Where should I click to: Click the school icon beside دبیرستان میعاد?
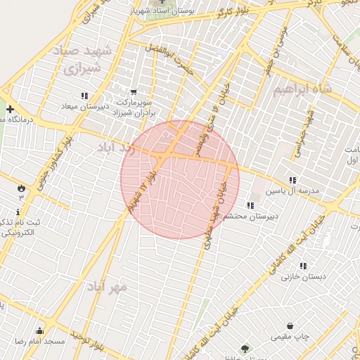coord(84,96)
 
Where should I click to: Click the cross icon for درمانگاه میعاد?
coord(10,109)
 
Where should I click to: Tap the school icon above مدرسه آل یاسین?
coord(292,181)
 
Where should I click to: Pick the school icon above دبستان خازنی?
coord(303,266)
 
